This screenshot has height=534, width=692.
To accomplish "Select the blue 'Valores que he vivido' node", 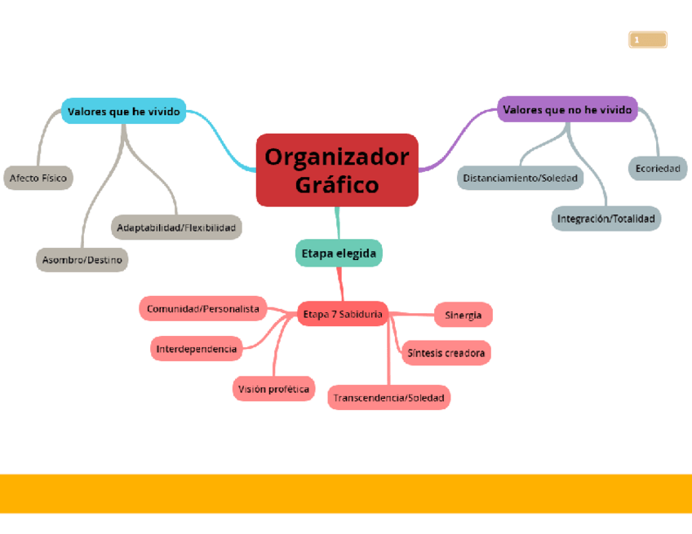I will (x=124, y=111).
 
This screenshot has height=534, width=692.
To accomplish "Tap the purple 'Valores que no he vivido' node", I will (x=567, y=109).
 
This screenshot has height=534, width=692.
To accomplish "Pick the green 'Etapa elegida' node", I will (x=339, y=254).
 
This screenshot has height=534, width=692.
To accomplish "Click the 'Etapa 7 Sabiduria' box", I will (x=342, y=314).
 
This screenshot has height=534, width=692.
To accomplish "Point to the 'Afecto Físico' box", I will (x=38, y=177).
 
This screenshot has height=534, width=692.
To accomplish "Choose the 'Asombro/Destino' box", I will (x=82, y=260).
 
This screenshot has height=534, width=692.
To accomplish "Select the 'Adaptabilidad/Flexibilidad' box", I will (x=176, y=227).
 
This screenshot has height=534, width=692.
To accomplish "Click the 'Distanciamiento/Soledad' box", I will (x=520, y=177).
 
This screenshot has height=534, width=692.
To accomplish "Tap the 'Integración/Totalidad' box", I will (x=605, y=218).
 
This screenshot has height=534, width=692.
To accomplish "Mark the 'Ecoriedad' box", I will (x=657, y=169).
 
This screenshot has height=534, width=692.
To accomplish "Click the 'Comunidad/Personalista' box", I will (x=203, y=309).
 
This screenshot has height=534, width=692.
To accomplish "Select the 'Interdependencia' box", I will (x=197, y=349).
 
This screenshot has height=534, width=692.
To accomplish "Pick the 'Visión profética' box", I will (x=273, y=389).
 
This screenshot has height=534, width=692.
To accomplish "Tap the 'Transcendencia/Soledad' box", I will (x=389, y=398).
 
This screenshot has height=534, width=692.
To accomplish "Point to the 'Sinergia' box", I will (x=463, y=315).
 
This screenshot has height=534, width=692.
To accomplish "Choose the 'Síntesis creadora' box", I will (x=446, y=353).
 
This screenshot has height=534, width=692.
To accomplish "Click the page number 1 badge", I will (x=648, y=40).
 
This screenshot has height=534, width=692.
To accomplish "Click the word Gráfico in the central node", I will (x=337, y=185).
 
